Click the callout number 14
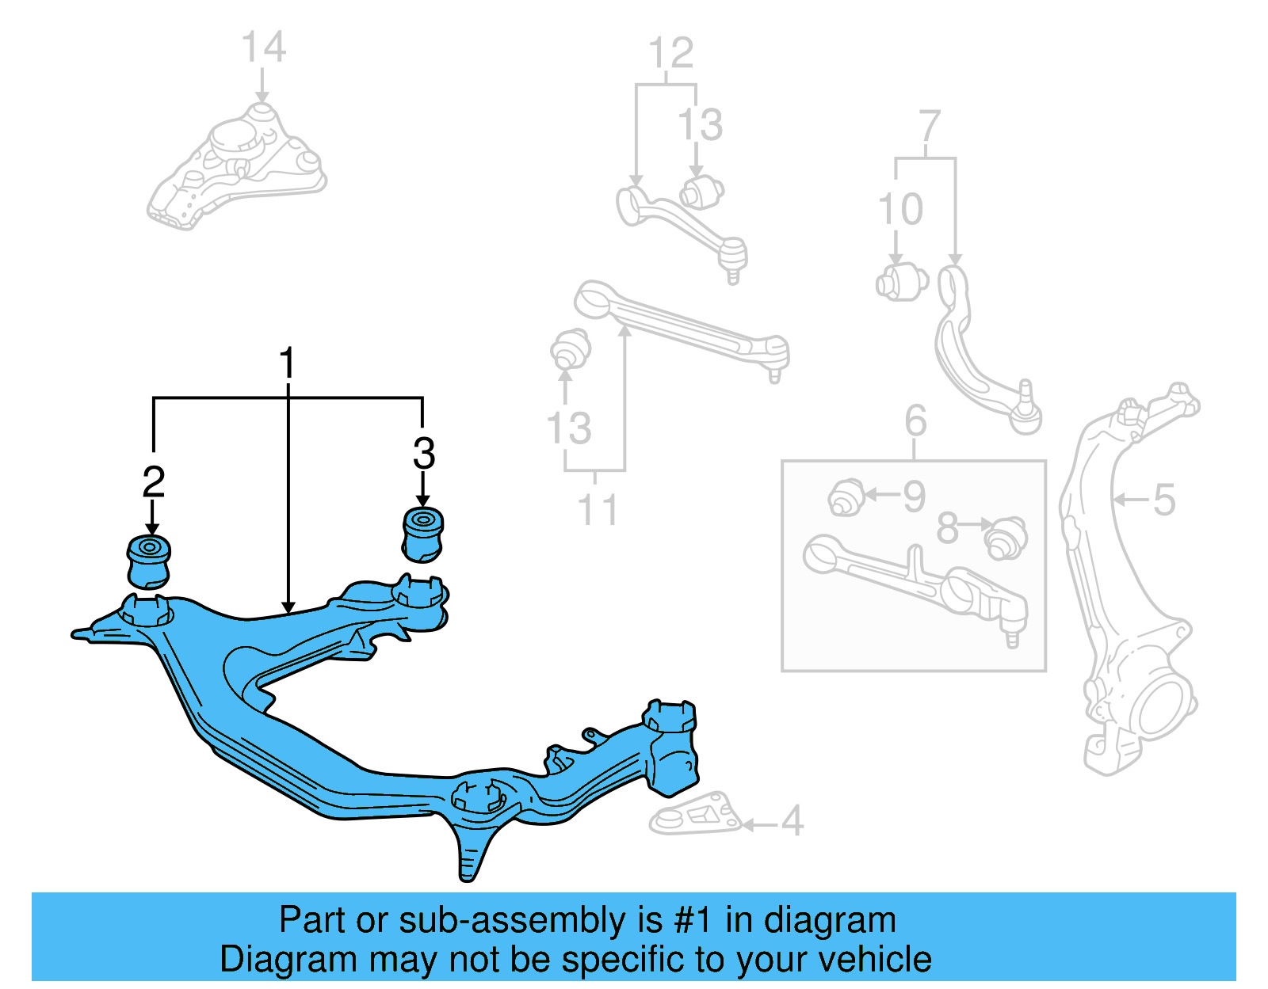click(263, 48)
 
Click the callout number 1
click(287, 364)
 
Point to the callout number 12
click(670, 54)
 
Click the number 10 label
click(900, 210)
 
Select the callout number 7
click(929, 127)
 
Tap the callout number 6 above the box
click(915, 420)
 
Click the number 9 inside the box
click(915, 496)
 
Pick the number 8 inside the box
click(947, 529)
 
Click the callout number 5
click(1163, 500)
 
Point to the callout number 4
click(792, 821)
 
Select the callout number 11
click(597, 510)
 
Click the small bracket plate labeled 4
click(696, 813)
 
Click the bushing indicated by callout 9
click(846, 496)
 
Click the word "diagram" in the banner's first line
click(830, 921)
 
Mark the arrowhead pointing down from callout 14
click(262, 97)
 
